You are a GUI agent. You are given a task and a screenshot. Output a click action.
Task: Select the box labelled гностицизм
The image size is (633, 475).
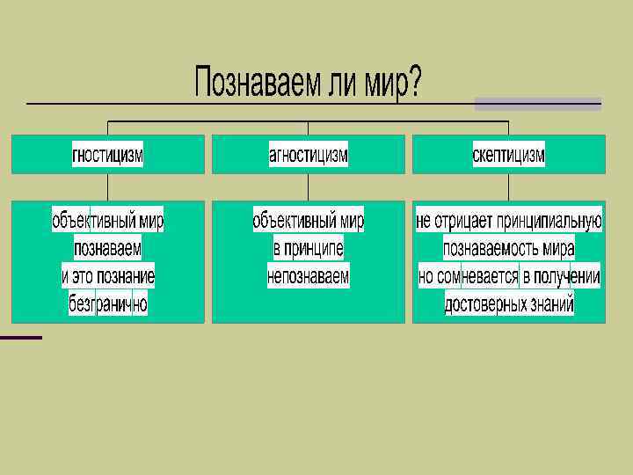tap(107, 154)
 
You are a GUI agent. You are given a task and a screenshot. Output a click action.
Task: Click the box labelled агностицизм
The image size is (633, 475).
tap(308, 154)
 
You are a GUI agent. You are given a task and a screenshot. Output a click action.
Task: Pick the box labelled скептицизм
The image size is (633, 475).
tap(508, 154)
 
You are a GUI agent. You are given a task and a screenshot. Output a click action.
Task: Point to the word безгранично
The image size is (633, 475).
tap(108, 304)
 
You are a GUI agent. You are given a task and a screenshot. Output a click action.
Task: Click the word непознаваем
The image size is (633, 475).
tap(309, 276)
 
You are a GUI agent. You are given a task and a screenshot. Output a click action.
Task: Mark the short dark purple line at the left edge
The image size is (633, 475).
tap(20, 337)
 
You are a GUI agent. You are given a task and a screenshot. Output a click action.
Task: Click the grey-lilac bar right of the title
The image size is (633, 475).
tap(538, 104)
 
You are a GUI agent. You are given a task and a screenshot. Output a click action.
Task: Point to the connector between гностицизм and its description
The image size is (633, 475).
tap(107, 186)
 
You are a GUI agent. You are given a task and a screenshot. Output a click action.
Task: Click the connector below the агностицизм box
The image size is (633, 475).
tap(308, 186)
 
